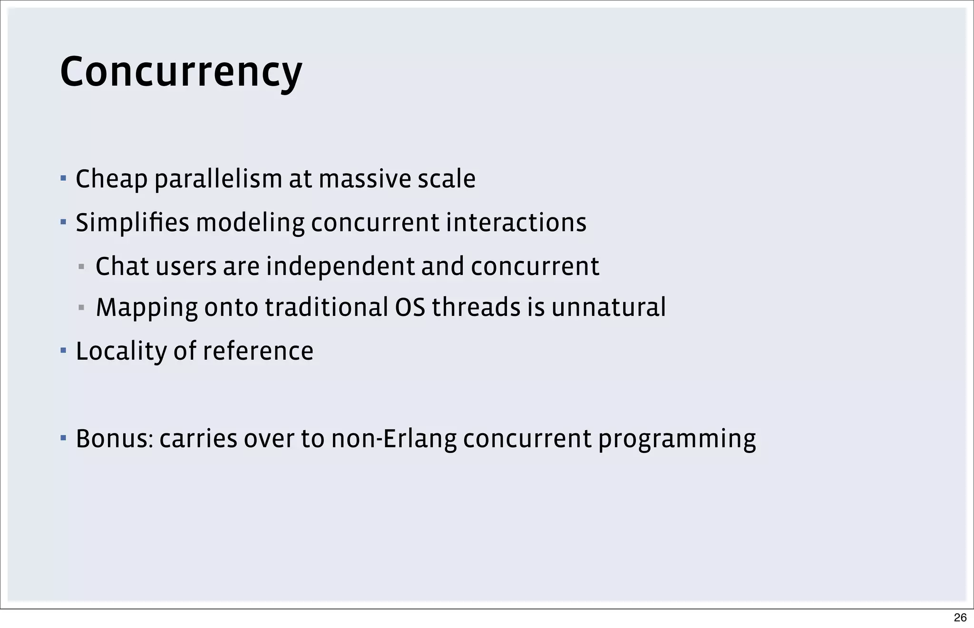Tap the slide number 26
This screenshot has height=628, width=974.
(960, 618)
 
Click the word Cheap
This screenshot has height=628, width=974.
(111, 179)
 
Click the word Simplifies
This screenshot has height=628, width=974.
(132, 223)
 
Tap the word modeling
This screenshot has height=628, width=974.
(250, 223)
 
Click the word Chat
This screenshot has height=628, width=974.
(122, 266)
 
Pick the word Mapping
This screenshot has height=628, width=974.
(146, 308)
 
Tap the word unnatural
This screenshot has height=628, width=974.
(609, 307)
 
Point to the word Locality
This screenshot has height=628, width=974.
(121, 352)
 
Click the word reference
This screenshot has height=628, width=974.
(258, 351)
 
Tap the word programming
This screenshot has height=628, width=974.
(677, 440)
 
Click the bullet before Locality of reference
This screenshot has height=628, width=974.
(63, 351)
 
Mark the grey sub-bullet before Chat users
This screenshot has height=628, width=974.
(81, 266)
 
